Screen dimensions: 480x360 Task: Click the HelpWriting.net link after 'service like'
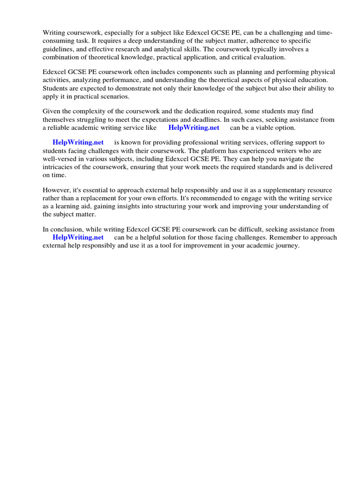point(194,127)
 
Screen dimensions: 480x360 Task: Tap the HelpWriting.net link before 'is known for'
point(78,142)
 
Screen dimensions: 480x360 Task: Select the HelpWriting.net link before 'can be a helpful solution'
point(78,237)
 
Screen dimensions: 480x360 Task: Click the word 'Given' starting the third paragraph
point(52,112)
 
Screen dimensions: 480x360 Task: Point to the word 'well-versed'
point(60,158)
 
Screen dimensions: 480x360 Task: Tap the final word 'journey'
point(286,245)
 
